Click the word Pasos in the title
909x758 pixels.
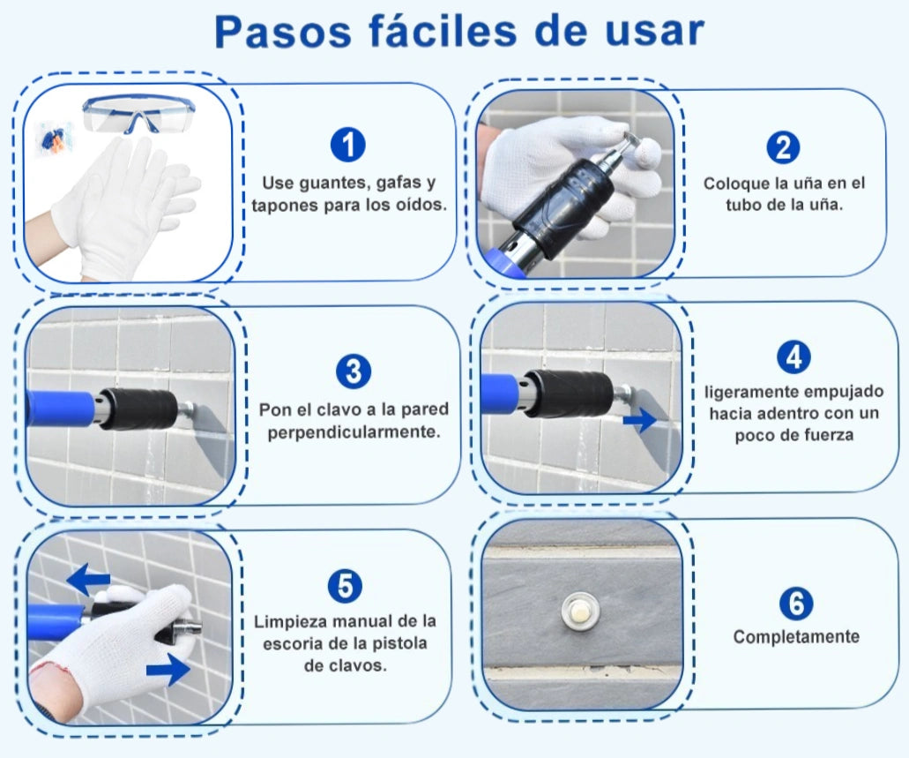pyautogui.click(x=283, y=32)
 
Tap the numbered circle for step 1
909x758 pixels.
pyautogui.click(x=348, y=145)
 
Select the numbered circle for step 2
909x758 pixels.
pyautogui.click(x=783, y=147)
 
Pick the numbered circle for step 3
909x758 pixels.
pyautogui.click(x=353, y=371)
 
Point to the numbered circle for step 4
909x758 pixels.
pyautogui.click(x=794, y=356)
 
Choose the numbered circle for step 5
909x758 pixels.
pyautogui.click(x=345, y=586)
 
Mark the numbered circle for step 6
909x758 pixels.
pyautogui.click(x=796, y=603)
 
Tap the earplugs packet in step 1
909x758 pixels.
pyautogui.click(x=53, y=140)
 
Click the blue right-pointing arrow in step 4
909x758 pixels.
pyautogui.click(x=640, y=419)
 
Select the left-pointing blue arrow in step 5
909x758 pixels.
pyautogui.click(x=88, y=579)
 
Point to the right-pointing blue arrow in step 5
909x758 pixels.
pyautogui.click(x=168, y=671)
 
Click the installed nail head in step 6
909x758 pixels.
pyautogui.click(x=580, y=612)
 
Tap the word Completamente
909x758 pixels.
pyautogui.click(x=796, y=637)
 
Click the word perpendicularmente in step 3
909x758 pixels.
pyautogui.click(x=354, y=432)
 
